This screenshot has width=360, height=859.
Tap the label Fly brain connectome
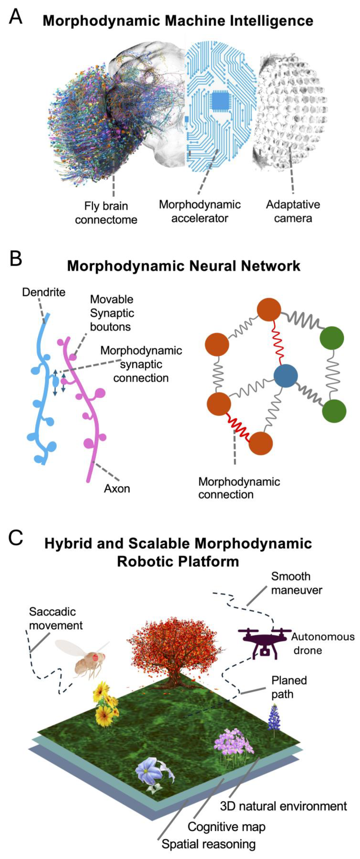tap(106, 213)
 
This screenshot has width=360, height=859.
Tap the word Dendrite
tap(44, 292)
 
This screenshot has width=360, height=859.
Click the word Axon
tap(117, 488)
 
